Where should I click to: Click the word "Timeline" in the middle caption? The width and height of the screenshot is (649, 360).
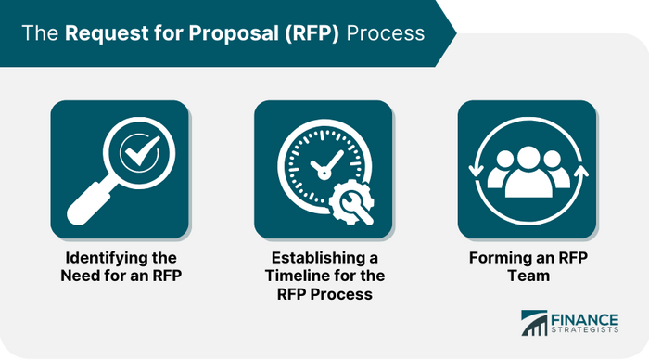[296, 276]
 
